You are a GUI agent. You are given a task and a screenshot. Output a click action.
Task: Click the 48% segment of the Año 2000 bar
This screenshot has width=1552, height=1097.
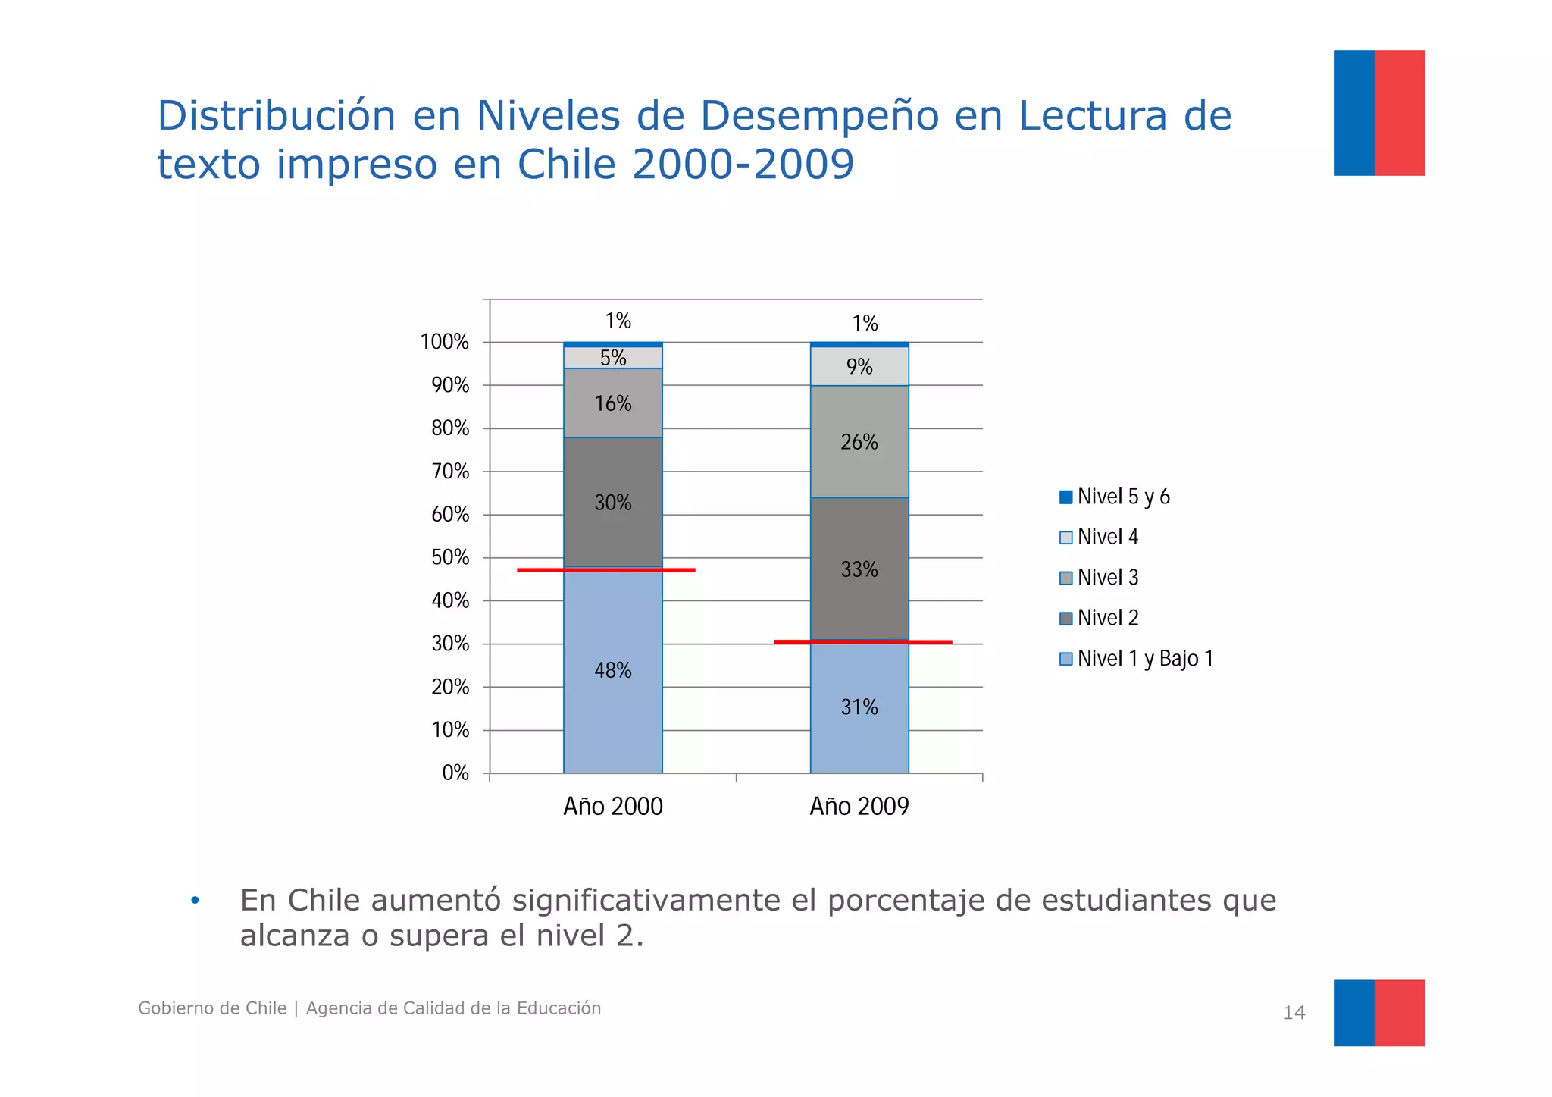coord(612,682)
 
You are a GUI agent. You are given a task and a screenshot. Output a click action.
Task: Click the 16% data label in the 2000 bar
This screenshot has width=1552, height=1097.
coord(612,403)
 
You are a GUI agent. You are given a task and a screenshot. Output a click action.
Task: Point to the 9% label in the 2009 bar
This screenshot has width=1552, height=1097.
coord(859,367)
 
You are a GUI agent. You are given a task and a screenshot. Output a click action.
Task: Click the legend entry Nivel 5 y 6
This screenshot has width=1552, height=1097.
coord(1115,497)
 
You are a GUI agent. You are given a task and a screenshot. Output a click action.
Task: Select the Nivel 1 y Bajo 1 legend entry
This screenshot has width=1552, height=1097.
coord(1136,659)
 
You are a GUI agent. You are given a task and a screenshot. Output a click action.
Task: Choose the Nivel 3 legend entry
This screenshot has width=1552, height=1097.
coord(1099,578)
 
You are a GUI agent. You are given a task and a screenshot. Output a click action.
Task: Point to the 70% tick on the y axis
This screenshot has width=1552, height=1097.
coord(450,472)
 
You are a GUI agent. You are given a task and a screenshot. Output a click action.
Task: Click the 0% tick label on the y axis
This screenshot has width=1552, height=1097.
coord(455,773)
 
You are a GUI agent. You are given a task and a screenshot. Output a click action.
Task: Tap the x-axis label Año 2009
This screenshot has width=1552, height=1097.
coord(859,806)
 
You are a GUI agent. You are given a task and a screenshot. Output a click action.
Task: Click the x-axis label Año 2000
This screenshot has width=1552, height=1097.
coord(612,806)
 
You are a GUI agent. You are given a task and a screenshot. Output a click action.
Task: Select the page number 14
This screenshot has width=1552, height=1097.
coord(1294,1013)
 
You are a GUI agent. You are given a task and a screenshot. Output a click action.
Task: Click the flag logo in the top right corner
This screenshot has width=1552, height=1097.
coord(1378,113)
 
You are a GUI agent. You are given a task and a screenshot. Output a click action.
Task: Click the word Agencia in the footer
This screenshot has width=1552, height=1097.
coord(339,1008)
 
